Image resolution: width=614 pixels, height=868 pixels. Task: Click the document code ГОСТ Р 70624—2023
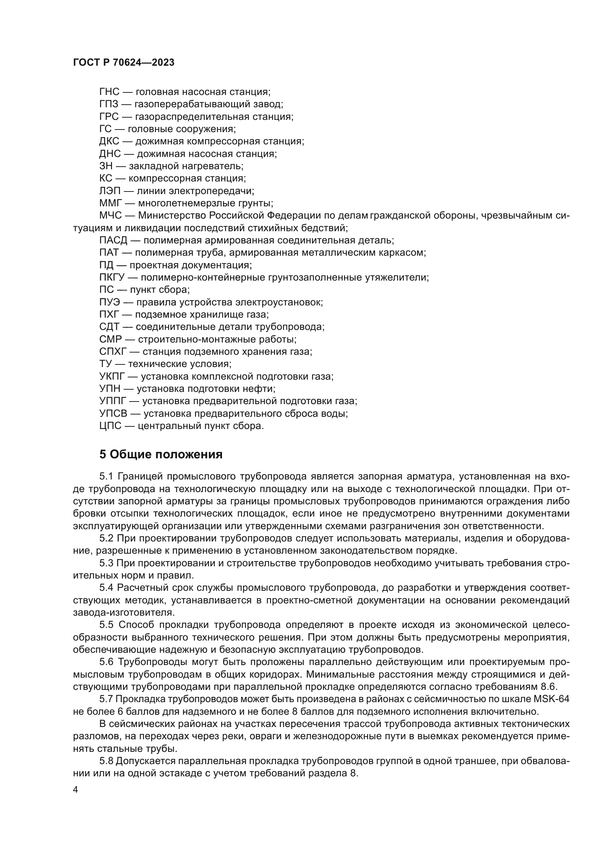124,63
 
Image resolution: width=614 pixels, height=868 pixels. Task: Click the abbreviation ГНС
109,92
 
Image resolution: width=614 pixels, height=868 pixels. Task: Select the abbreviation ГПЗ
109,104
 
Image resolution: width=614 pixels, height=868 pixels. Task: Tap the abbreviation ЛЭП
110,191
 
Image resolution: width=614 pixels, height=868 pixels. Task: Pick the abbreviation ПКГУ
112,278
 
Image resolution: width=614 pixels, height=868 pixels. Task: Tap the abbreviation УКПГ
112,377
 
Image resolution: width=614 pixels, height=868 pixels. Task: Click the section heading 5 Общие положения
161,455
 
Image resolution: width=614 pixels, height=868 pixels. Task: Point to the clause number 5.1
107,476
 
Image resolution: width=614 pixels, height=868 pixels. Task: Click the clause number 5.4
107,588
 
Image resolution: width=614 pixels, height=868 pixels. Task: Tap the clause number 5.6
107,662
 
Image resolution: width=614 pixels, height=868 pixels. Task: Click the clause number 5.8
107,761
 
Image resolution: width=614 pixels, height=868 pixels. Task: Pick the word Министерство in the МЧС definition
172,216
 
